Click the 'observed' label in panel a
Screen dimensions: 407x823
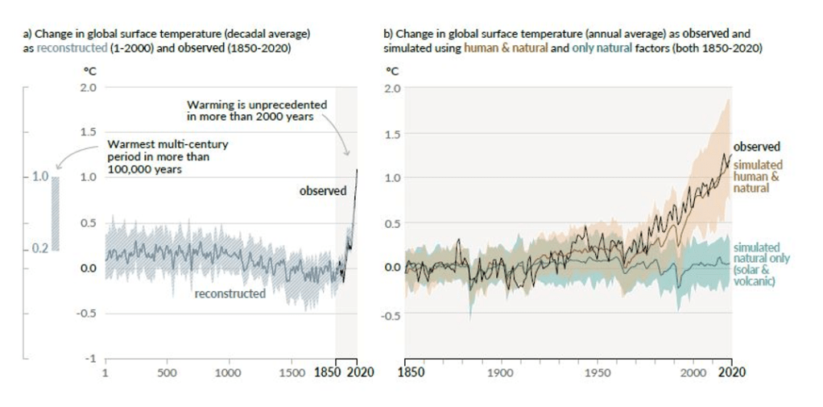(x=322, y=191)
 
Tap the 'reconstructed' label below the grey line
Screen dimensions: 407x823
(x=230, y=293)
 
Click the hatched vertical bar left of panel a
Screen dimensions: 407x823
(x=56, y=214)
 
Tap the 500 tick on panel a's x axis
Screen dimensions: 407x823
(x=167, y=373)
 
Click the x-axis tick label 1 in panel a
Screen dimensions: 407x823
(x=105, y=373)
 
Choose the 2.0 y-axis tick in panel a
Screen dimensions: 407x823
(x=88, y=87)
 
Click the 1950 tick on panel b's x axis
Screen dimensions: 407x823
(x=597, y=373)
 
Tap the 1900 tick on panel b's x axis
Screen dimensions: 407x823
(x=500, y=373)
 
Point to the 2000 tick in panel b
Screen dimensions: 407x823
(x=693, y=373)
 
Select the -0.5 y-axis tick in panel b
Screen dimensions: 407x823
(x=392, y=315)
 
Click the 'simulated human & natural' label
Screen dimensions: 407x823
(x=757, y=176)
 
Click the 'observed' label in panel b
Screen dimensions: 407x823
(x=757, y=147)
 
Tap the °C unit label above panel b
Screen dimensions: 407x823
(x=392, y=71)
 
